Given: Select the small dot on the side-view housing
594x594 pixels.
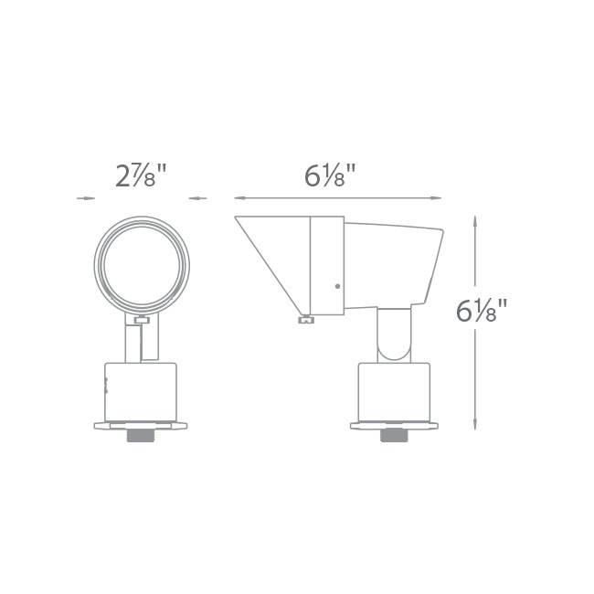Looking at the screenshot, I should [337, 287].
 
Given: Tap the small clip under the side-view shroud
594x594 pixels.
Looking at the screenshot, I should [305, 319].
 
